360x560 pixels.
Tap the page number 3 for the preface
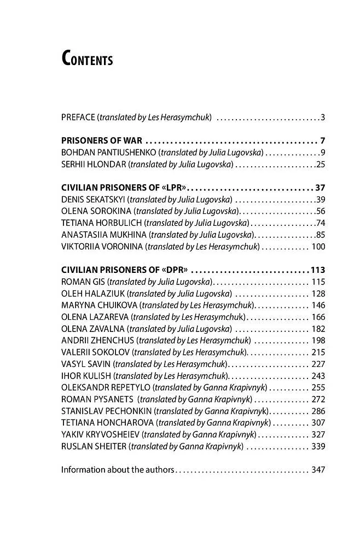[x=323, y=118]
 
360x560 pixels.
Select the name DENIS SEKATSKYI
[x=93, y=200]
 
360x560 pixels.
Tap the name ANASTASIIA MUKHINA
[x=104, y=235]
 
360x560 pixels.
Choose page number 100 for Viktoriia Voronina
[x=318, y=247]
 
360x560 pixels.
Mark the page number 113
[x=317, y=270]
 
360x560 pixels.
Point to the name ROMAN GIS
[x=83, y=282]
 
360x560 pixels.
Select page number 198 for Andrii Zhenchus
[x=318, y=341]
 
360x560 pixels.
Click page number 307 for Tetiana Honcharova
[x=318, y=423]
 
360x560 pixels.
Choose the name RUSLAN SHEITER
[x=94, y=446]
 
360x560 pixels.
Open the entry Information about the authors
[x=118, y=470]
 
